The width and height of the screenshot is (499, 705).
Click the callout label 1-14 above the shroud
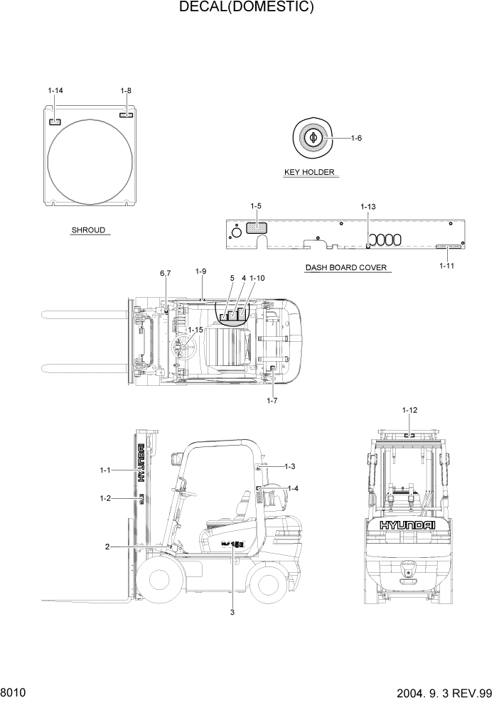(x=55, y=90)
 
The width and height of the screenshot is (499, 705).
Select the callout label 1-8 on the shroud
(x=126, y=90)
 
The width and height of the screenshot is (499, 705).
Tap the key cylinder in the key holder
(x=313, y=137)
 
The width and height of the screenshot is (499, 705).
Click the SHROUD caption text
(x=88, y=230)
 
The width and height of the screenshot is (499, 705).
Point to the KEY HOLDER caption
(x=309, y=172)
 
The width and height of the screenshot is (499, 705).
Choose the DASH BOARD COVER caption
(x=346, y=268)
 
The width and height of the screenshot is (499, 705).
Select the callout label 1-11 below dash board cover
(x=447, y=265)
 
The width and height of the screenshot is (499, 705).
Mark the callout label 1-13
(x=367, y=207)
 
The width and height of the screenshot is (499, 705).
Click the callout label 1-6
(x=356, y=138)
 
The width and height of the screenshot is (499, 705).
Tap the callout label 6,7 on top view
(x=166, y=274)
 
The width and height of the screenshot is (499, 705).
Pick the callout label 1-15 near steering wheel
(x=195, y=330)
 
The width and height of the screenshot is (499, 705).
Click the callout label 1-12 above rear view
(x=409, y=410)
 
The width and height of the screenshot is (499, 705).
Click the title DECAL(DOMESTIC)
(x=247, y=8)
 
